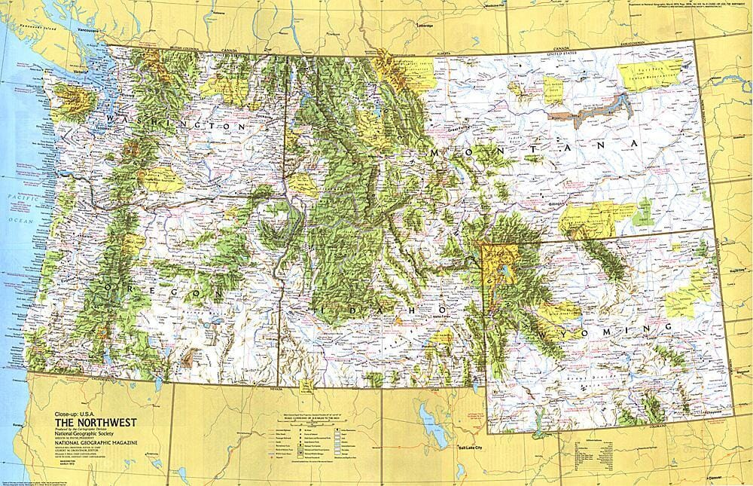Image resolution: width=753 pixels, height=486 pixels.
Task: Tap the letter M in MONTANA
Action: (x=435, y=152)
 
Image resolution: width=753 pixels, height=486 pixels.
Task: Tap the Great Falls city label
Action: (x=457, y=129)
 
